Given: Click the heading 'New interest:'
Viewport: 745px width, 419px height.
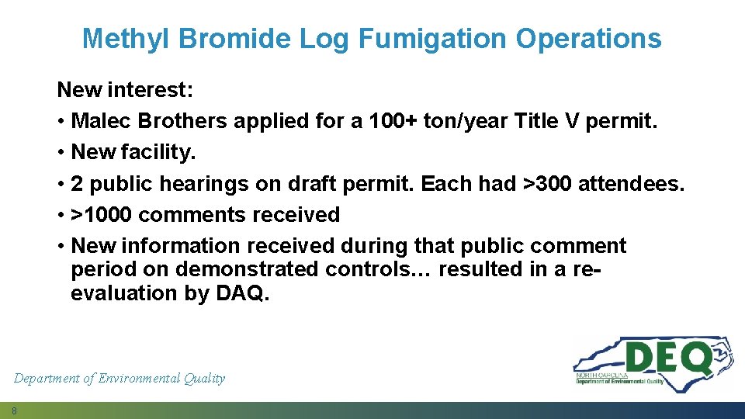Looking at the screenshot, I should (125, 90).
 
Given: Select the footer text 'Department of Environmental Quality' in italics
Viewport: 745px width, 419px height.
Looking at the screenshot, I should (120, 379).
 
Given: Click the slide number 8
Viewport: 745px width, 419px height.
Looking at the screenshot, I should (15, 410).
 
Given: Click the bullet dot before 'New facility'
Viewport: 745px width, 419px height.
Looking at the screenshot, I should (61, 153).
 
